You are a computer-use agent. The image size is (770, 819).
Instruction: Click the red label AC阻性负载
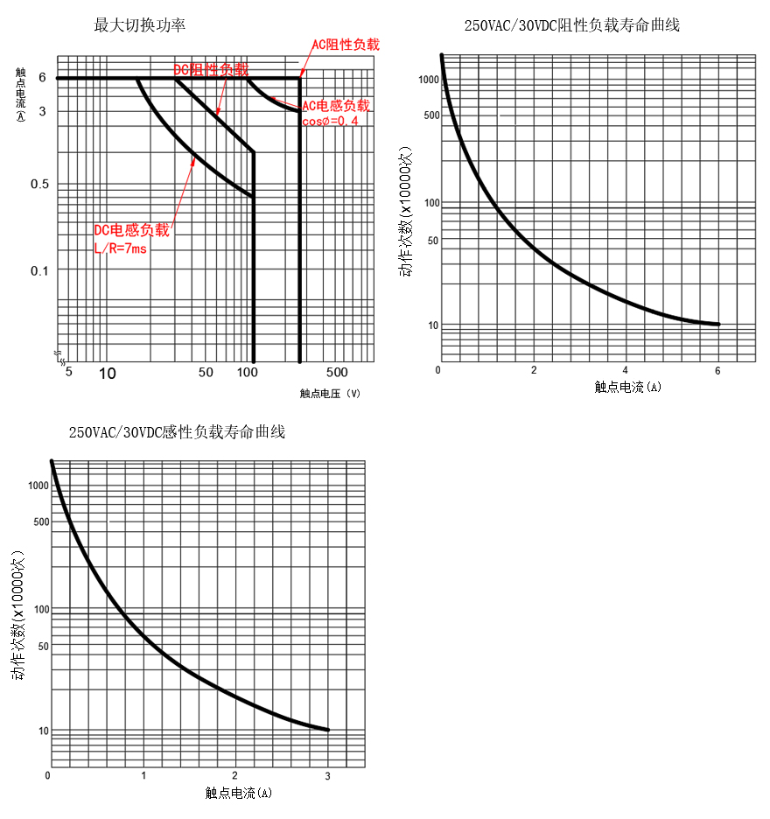(x=346, y=45)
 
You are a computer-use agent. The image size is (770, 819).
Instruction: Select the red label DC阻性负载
(x=210, y=69)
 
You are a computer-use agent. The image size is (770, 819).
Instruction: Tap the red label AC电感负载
(x=336, y=106)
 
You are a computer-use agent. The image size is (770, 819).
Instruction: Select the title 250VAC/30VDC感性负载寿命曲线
(x=178, y=432)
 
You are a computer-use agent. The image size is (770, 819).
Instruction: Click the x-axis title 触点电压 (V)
(x=330, y=394)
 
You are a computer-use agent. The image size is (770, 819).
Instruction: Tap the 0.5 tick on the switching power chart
(x=41, y=184)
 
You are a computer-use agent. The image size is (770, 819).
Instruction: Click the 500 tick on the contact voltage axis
(x=337, y=372)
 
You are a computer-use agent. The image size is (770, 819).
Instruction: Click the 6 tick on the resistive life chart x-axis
(x=717, y=370)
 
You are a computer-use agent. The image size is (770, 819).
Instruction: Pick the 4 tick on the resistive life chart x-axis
(x=625, y=370)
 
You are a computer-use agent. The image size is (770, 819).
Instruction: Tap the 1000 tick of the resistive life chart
(x=427, y=80)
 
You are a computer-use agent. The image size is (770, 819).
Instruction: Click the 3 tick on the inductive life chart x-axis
(x=328, y=776)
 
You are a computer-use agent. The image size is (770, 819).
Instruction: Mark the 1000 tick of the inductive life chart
(x=38, y=486)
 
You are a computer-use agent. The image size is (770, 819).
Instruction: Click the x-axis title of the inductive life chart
(x=239, y=793)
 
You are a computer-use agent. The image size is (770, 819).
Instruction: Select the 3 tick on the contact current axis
(x=41, y=111)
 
